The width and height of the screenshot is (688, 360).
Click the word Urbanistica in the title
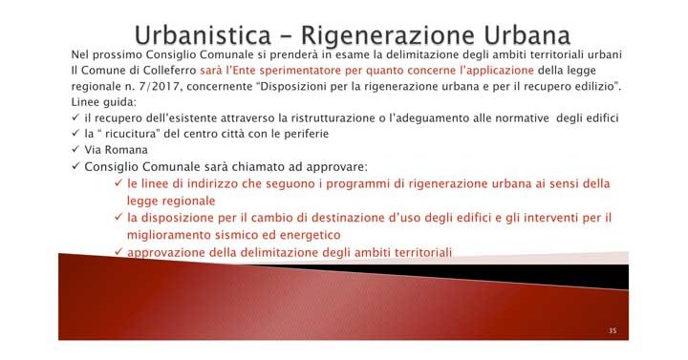pyautogui.click(x=203, y=35)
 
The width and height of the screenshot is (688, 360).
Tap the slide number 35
pyautogui.click(x=613, y=331)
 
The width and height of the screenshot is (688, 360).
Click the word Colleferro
pyautogui.click(x=168, y=72)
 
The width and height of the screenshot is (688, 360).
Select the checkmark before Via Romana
pyautogui.click(x=76, y=150)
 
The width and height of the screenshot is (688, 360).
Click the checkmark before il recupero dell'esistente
pyautogui.click(x=76, y=117)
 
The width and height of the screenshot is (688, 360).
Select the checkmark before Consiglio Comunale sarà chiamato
pyautogui.click(x=76, y=166)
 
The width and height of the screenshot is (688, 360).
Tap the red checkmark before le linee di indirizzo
pyautogui.click(x=118, y=183)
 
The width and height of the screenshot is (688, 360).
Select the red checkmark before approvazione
pyautogui.click(x=118, y=251)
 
